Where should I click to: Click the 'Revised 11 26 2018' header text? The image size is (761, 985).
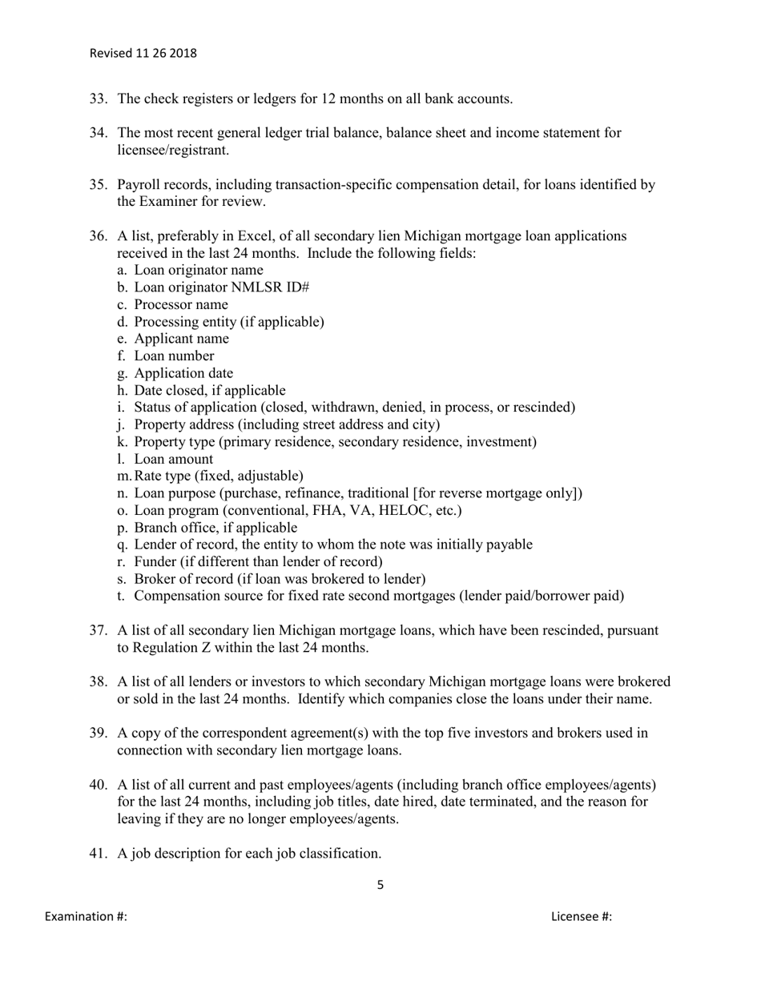point(143,54)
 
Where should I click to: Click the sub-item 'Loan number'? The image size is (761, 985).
point(174,356)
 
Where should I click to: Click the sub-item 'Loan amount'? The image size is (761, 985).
point(173,459)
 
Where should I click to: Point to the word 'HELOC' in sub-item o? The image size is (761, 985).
point(386,510)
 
